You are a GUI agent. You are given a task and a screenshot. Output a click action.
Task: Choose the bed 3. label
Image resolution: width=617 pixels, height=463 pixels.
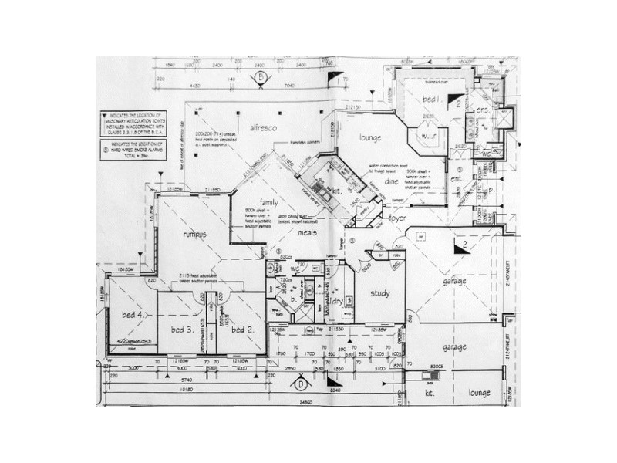click(182, 330)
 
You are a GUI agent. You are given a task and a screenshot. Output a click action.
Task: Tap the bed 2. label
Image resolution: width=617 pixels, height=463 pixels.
click(242, 330)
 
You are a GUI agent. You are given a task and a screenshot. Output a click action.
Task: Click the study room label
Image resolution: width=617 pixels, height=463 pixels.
click(380, 293)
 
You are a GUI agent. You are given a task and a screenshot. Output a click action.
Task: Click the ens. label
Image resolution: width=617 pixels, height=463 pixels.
click(483, 110)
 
